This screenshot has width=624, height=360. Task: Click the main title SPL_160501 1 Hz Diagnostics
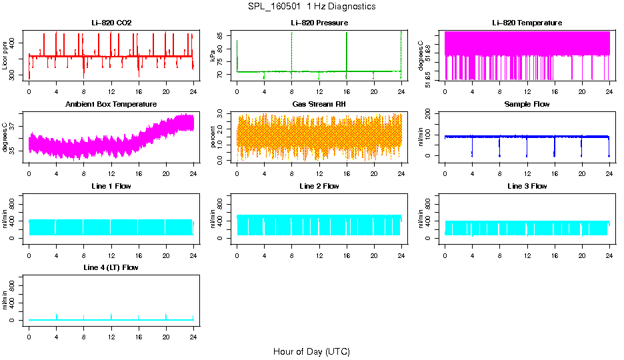pos(311,7)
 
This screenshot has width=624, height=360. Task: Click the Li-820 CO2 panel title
pos(111,23)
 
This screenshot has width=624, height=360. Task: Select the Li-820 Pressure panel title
pos(319,23)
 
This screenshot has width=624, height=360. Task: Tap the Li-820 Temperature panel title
pos(527,23)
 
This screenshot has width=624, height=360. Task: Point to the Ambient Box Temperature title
pos(111,104)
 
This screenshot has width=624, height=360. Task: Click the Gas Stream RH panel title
pos(319,104)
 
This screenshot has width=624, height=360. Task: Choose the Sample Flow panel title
pos(527,104)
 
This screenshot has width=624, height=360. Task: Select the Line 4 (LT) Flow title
pos(111,267)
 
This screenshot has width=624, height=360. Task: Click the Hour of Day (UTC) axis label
pos(311,351)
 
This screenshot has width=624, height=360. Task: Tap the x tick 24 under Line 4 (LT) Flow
pos(193,329)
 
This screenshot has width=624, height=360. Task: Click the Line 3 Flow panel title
pos(527,186)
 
